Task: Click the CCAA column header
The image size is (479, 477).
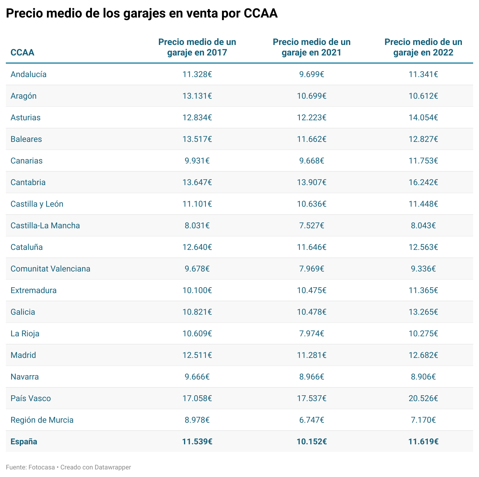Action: tap(22, 53)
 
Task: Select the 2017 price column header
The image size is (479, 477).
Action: tap(197, 47)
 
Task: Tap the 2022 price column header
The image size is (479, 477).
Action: tap(423, 47)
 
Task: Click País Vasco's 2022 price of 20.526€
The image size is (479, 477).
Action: tap(423, 398)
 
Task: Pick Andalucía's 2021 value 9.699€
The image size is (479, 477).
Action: tap(312, 74)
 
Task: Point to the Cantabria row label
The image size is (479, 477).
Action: tap(28, 182)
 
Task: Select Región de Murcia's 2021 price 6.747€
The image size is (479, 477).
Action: tap(312, 420)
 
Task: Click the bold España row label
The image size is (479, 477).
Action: tap(24, 442)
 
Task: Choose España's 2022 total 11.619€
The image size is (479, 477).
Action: tap(423, 442)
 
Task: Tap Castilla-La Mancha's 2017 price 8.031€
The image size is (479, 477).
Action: tap(197, 226)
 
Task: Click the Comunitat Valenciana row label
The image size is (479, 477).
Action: tap(50, 269)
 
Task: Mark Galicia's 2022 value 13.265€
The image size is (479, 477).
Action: tap(423, 312)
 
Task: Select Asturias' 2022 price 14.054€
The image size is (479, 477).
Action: tap(423, 118)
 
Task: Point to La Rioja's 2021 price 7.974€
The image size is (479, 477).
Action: tap(312, 334)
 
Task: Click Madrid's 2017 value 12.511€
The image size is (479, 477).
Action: tap(197, 355)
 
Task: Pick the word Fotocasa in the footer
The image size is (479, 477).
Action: tap(41, 467)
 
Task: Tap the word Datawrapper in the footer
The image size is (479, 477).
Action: tap(113, 467)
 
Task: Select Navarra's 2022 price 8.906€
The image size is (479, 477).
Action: tap(423, 377)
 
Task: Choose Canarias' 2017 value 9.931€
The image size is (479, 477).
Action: tap(197, 161)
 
